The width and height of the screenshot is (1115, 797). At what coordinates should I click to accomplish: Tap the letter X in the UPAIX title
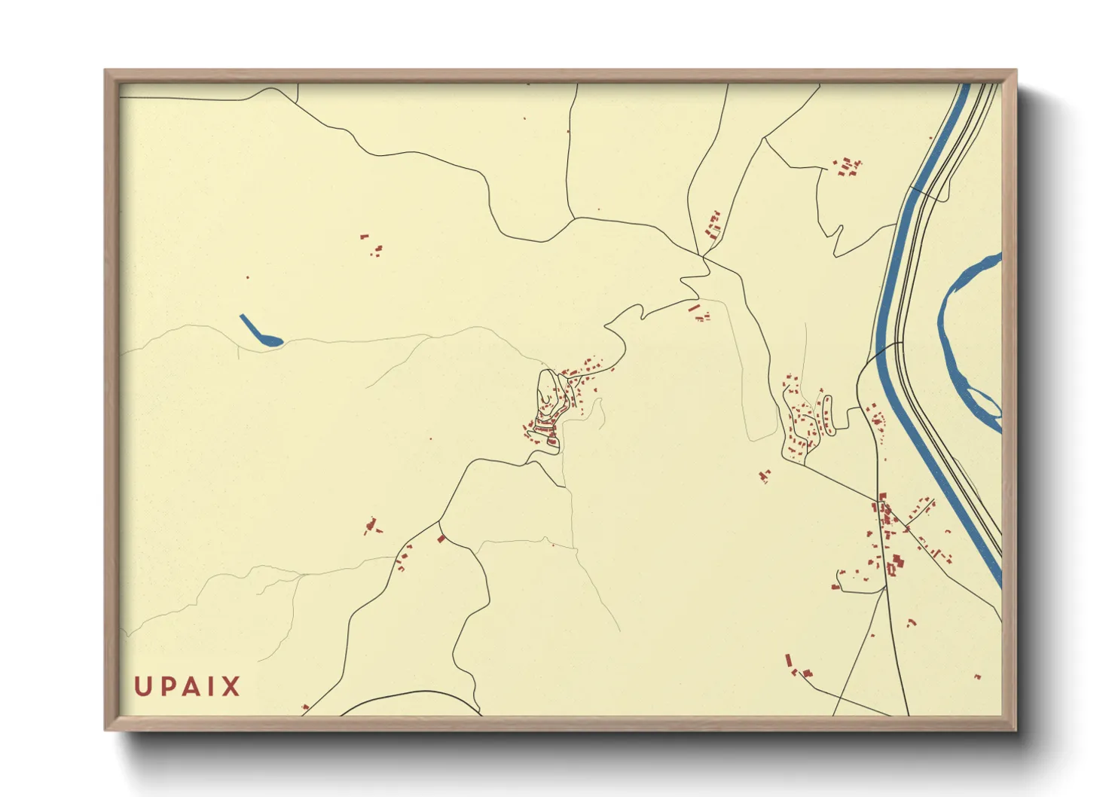(x=231, y=686)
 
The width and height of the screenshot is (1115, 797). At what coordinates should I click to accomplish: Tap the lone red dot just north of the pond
(x=247, y=277)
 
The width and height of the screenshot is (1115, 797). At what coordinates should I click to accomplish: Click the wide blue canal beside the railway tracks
(x=903, y=249)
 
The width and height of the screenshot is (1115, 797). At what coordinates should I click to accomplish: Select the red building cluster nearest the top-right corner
(x=848, y=166)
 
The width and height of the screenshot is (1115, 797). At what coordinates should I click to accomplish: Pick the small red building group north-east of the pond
(x=371, y=245)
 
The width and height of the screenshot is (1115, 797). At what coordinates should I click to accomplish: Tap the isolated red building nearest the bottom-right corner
(x=977, y=676)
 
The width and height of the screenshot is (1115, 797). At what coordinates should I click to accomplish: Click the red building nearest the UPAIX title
(x=305, y=707)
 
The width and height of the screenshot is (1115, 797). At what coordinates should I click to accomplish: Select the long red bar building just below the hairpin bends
(x=694, y=308)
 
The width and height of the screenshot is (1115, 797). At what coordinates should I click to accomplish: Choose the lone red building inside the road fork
(x=441, y=538)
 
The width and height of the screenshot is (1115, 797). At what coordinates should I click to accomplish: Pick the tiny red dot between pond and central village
(x=431, y=438)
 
